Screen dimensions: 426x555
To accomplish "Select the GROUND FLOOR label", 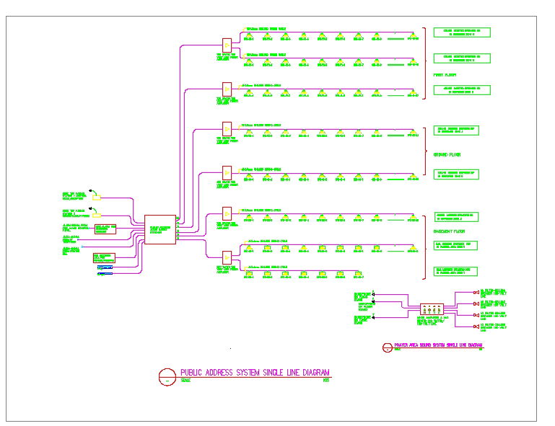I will pos(447,154).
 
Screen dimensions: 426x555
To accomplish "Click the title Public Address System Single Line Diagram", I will pos(255,373).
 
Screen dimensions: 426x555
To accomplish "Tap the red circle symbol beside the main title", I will pos(167,376).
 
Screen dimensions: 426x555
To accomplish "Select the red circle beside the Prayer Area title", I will pos(387,347).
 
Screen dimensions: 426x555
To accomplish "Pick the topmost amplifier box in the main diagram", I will pos(227,43).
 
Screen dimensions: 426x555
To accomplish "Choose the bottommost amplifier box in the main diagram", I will pos(227,256).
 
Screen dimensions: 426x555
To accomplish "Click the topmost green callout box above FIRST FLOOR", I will pos(462,32).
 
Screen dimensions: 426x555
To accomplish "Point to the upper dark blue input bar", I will pos(105,267).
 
